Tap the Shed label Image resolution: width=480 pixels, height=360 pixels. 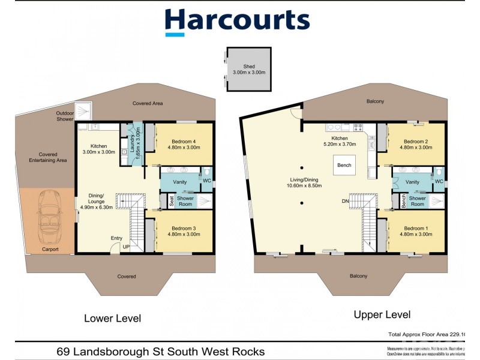click(248, 69)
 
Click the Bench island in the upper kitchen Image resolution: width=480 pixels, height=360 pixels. click(344, 165)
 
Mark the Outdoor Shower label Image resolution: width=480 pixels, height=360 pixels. click(65, 116)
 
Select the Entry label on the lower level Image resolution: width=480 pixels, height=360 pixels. click(116, 238)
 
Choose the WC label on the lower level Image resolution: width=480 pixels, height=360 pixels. click(206, 180)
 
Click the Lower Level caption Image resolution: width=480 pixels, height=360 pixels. click(112, 319)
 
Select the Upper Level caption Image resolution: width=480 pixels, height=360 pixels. click(382, 314)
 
